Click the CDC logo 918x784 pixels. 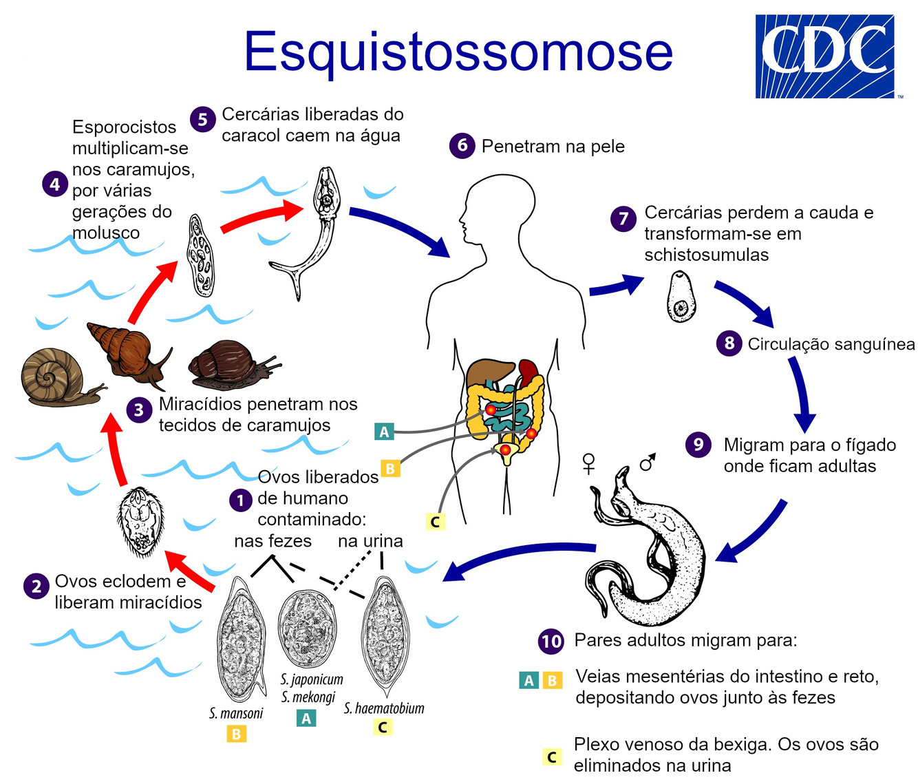(824, 56)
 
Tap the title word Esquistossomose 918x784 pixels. (458, 51)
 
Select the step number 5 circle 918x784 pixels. (202, 119)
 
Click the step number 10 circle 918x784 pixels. (551, 642)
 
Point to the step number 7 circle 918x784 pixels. (623, 219)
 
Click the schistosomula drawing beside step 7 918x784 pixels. (681, 297)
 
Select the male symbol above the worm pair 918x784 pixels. (648, 463)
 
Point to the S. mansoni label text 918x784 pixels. (236, 713)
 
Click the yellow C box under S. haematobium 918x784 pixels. (383, 727)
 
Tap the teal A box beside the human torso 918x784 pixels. (384, 432)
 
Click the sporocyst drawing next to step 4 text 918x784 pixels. (200, 255)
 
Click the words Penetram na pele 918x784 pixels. (553, 147)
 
